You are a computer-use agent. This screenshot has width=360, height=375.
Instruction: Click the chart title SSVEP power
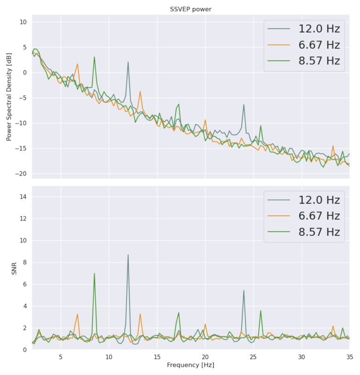(x=190, y=10)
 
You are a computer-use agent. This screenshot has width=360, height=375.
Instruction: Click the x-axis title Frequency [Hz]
(x=190, y=364)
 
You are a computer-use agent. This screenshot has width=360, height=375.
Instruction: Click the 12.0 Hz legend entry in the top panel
(x=319, y=29)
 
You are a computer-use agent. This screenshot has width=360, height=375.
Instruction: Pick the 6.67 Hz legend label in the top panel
(x=319, y=45)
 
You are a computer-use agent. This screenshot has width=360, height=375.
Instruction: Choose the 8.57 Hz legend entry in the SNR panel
(x=319, y=232)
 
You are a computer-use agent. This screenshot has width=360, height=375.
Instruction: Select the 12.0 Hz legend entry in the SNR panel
(x=319, y=200)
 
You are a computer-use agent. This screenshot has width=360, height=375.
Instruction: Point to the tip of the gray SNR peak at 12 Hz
(x=128, y=255)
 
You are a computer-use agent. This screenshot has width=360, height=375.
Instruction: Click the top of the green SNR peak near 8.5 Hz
(x=94, y=273)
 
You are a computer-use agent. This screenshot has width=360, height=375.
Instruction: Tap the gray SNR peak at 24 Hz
(x=244, y=291)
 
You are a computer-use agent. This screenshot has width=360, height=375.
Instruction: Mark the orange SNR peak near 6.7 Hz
(x=77, y=314)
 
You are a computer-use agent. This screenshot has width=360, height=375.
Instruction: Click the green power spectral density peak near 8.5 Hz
(x=94, y=57)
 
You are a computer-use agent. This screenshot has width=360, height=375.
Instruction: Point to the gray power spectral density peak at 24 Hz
(x=244, y=105)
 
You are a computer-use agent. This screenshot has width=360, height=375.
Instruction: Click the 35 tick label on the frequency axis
(x=349, y=356)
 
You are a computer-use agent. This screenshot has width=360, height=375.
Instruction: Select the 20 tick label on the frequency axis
(x=205, y=356)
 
